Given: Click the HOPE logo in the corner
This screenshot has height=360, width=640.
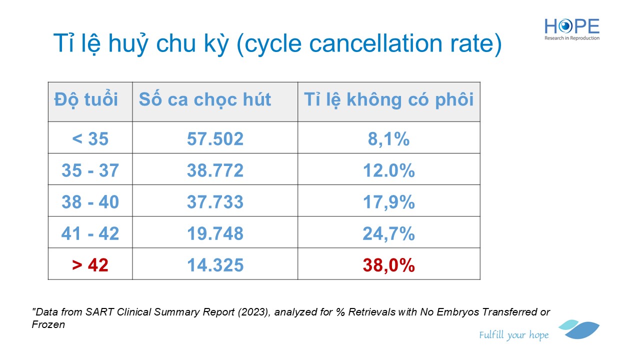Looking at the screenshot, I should point(572,28).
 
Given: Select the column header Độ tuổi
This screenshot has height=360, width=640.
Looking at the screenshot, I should point(86,99).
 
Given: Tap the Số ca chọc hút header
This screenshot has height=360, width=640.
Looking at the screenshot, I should point(205,99).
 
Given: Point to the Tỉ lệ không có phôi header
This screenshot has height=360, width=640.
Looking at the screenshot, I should point(388,99).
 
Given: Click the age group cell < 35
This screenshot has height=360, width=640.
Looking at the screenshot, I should point(90,138).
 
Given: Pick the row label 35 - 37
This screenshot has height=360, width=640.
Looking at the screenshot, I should point(90,170).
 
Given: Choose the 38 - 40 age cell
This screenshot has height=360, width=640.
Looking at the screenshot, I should point(90,202).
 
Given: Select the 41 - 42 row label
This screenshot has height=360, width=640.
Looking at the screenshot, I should point(90,233).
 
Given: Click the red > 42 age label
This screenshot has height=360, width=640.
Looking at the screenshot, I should point(90,265).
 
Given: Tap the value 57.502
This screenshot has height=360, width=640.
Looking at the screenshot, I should point(215,138).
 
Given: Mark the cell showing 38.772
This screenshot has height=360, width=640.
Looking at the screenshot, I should point(215,170).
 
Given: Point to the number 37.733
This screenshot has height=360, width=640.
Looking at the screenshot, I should point(215,202).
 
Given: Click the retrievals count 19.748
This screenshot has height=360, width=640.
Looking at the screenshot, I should point(215,233).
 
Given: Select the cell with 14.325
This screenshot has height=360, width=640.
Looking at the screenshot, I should point(215,265).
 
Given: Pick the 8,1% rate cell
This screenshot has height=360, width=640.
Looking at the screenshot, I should point(388,138).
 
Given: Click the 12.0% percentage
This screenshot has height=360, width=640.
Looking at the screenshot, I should point(388,170).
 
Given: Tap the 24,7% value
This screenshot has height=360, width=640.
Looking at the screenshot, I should point(388,233).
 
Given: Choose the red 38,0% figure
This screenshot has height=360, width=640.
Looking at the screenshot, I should point(388,265).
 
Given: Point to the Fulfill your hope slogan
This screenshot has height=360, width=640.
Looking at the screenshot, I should point(513,335).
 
